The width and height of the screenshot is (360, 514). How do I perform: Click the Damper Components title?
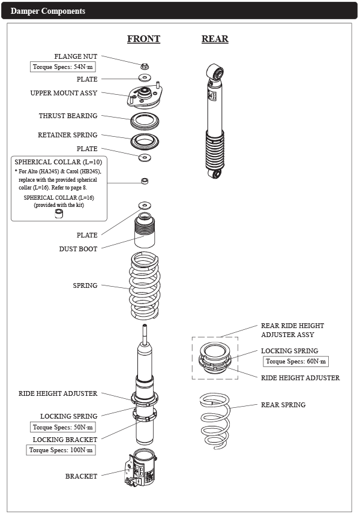pos(48,11)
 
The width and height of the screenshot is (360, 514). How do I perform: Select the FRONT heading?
pos(143,39)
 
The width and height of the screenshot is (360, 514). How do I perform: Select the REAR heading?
pos(215,39)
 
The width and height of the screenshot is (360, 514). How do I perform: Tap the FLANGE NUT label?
pos(76,56)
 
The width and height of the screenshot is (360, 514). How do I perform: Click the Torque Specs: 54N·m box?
pos(63,67)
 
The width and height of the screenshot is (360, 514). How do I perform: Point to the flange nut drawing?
pos(145,65)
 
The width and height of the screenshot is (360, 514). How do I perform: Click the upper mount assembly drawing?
pos(145,95)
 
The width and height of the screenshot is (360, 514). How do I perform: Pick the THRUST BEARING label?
pos(68,116)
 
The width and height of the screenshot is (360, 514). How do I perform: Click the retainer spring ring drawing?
pos(145,143)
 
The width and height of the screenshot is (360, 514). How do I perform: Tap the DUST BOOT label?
pos(78,249)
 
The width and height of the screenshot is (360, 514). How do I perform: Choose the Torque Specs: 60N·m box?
pos(296,362)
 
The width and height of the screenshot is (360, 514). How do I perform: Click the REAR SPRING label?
pos(283,405)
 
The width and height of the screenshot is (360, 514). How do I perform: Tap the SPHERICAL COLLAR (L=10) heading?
pos(58,163)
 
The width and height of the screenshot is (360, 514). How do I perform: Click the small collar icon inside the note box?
pos(59,214)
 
